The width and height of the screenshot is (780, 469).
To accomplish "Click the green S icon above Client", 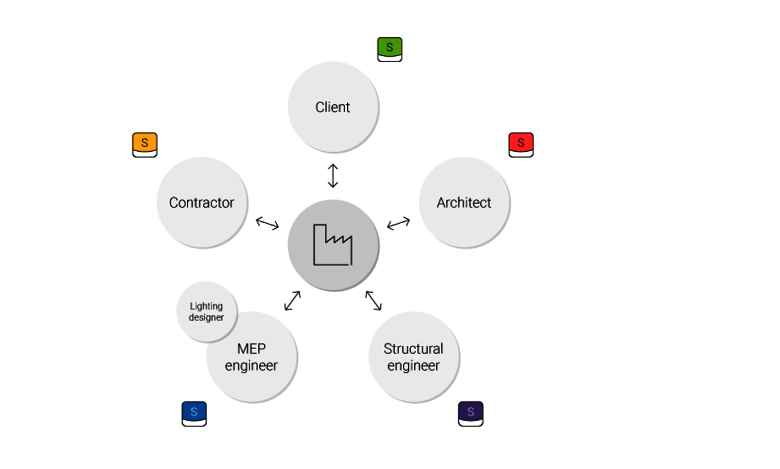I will pyautogui.click(x=389, y=49).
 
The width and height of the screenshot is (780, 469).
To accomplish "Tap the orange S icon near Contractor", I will pyautogui.click(x=144, y=145).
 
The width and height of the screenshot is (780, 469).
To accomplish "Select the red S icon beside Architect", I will pyautogui.click(x=521, y=145).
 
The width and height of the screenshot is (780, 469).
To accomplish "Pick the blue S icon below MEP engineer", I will pyautogui.click(x=194, y=414).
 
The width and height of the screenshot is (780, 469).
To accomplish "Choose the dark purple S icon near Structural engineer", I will pyautogui.click(x=470, y=414).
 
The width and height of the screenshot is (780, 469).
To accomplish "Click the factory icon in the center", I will pyautogui.click(x=333, y=245).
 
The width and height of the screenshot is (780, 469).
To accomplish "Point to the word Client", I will pyautogui.click(x=333, y=107).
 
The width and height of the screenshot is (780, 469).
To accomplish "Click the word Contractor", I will pyautogui.click(x=202, y=202).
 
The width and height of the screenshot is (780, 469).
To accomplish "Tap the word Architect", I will pyautogui.click(x=464, y=202).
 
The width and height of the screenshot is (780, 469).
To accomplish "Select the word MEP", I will pyautogui.click(x=252, y=349).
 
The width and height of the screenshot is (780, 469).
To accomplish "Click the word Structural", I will pyautogui.click(x=413, y=349).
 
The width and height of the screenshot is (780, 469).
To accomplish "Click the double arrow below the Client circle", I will pyautogui.click(x=333, y=176).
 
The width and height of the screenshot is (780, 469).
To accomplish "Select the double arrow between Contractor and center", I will pyautogui.click(x=268, y=223).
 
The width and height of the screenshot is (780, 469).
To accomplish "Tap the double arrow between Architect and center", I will pyautogui.click(x=399, y=223).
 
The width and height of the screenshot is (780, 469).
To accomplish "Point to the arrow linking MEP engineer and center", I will pyautogui.click(x=292, y=301).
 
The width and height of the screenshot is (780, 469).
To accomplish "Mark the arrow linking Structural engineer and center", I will pyautogui.click(x=374, y=300).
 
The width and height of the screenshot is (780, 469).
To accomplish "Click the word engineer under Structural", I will pyautogui.click(x=413, y=366).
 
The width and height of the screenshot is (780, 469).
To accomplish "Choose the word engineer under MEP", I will pyautogui.click(x=251, y=366).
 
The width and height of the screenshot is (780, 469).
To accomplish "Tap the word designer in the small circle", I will pyautogui.click(x=206, y=318).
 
